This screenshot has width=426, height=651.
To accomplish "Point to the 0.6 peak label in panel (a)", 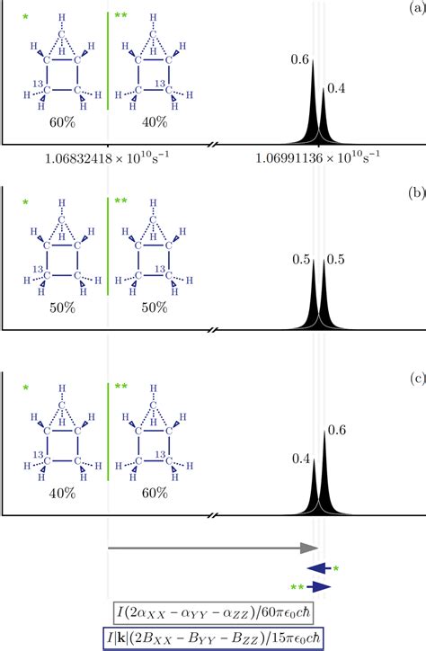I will coord(299,60).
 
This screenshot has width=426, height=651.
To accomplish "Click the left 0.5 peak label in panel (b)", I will coord(299,260).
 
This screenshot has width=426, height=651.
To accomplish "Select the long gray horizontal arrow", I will coord(213,547).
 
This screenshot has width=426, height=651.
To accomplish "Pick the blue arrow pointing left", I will coord(319,567).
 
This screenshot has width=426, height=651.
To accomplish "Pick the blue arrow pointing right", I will coord(319,586).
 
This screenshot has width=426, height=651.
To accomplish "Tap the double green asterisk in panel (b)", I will coord(120,204).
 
